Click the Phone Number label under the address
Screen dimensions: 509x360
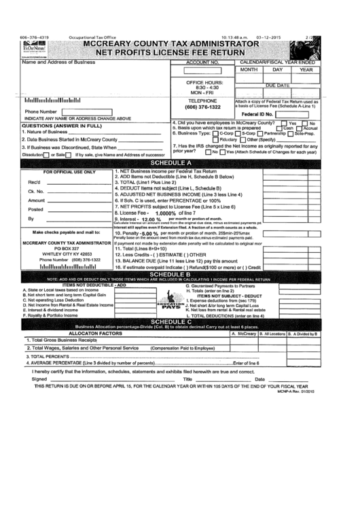coord(39,111)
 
